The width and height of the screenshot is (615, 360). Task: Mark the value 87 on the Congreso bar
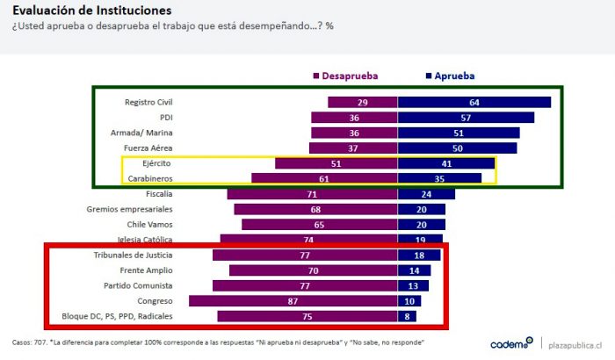293,300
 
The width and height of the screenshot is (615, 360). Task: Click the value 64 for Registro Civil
474,103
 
